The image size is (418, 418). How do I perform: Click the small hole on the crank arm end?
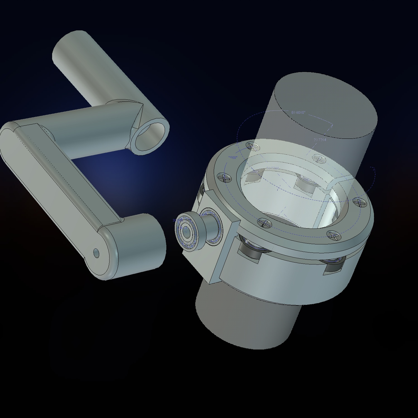pyautogui.click(x=96, y=253)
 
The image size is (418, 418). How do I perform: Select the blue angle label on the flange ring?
pyautogui.click(x=233, y=158)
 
